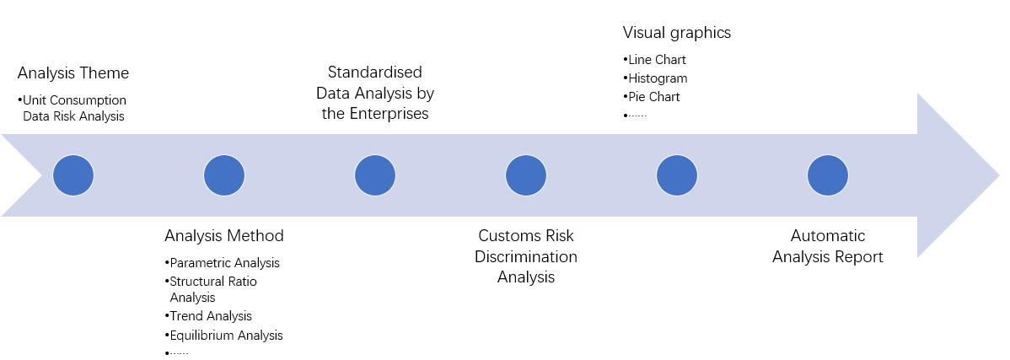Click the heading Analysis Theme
click(73, 73)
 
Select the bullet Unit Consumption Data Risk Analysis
click(73, 108)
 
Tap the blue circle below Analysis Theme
click(73, 175)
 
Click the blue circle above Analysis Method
click(224, 175)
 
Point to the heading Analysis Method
click(224, 235)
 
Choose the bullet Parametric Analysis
click(223, 263)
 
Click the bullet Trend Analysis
click(209, 316)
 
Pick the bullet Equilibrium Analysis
click(224, 336)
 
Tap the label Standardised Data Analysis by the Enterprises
click(375, 93)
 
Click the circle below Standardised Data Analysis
click(375, 175)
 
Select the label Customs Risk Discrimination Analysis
click(526, 255)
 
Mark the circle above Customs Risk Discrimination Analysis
click(526, 175)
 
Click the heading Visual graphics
click(677, 33)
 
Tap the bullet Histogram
click(655, 78)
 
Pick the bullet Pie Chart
click(652, 97)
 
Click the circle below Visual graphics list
click(677, 175)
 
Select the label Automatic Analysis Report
click(828, 246)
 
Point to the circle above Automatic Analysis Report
click(828, 175)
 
